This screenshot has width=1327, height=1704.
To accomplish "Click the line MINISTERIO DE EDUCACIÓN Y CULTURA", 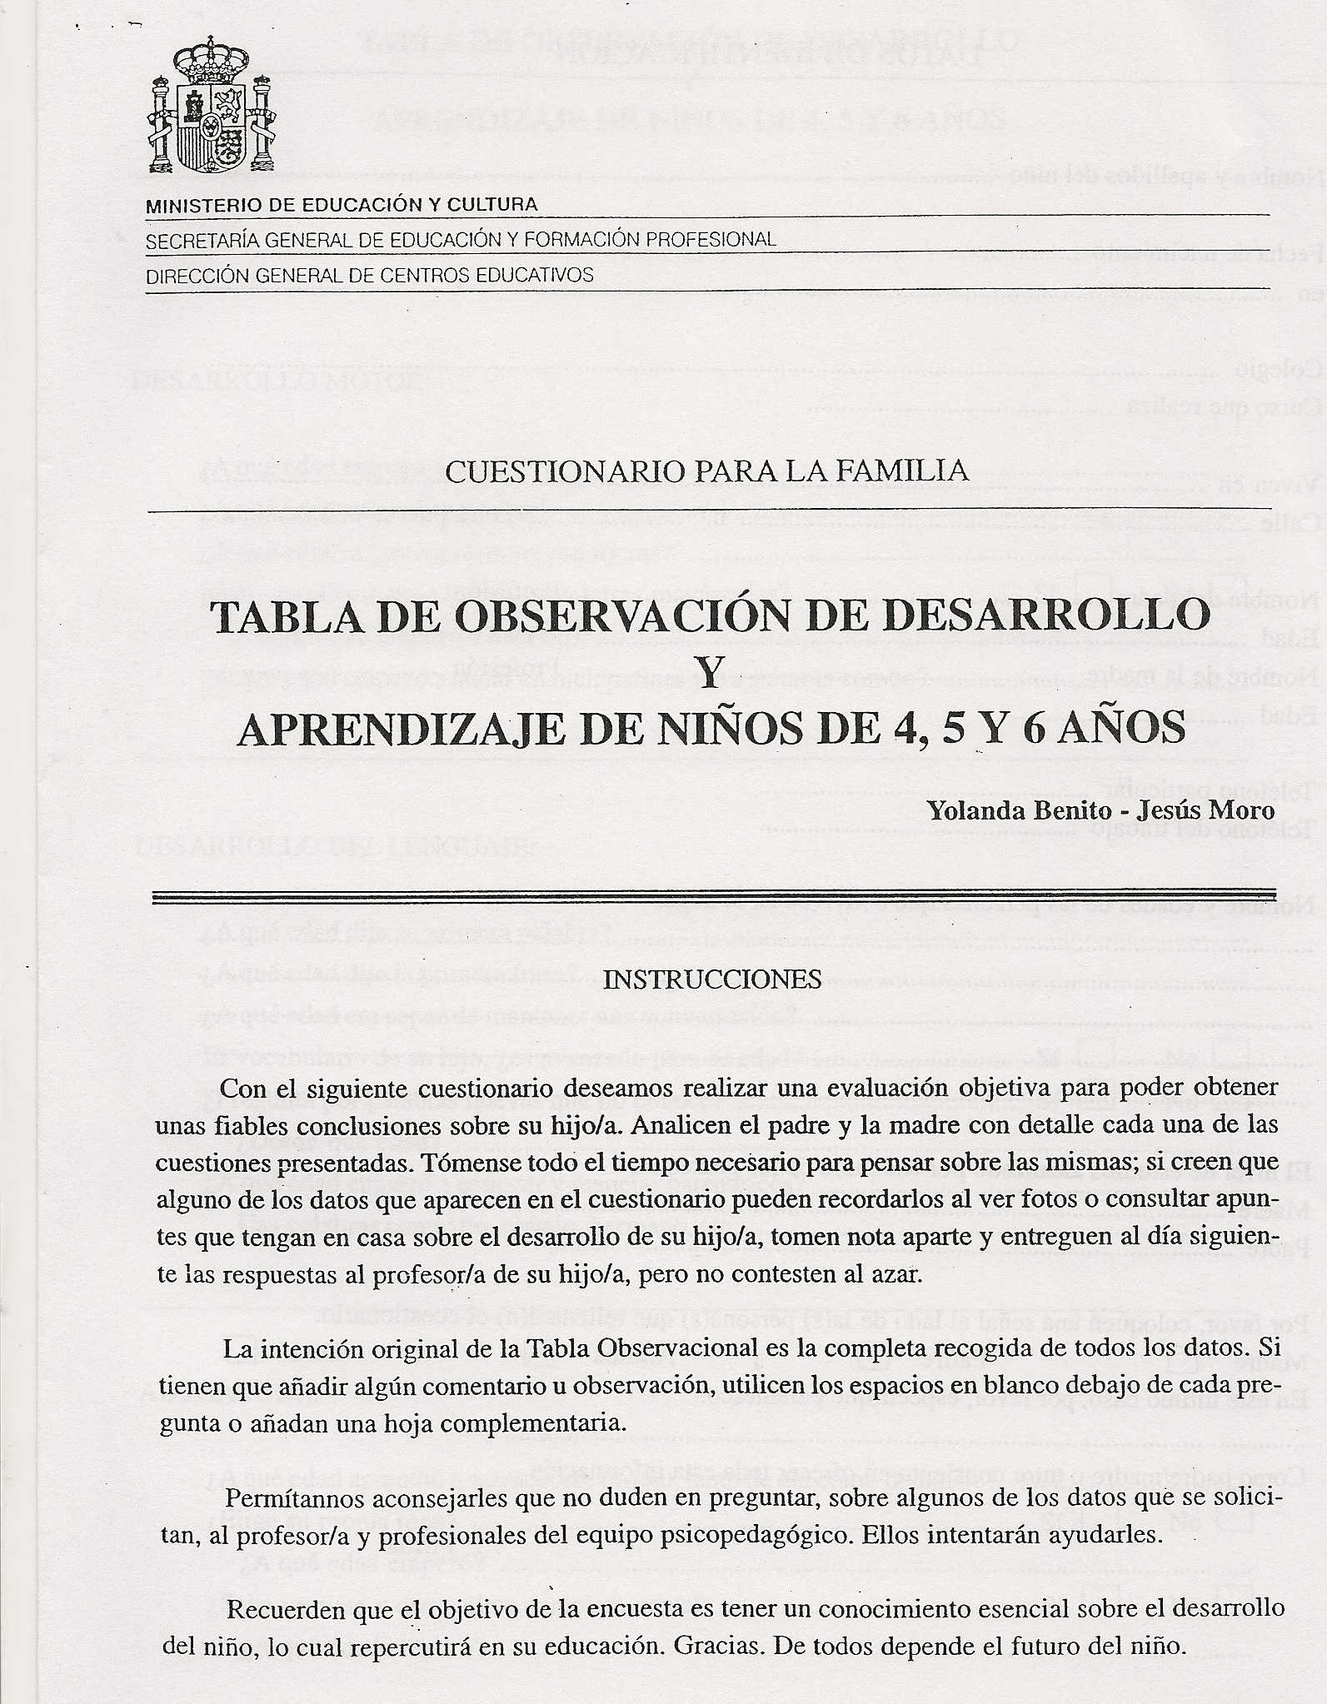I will click(342, 205).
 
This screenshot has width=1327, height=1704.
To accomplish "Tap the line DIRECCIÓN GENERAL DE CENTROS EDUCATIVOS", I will click(370, 276).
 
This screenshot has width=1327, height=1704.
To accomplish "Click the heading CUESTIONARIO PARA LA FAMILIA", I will click(707, 473).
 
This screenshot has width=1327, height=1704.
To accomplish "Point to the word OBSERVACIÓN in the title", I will click(531, 615).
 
